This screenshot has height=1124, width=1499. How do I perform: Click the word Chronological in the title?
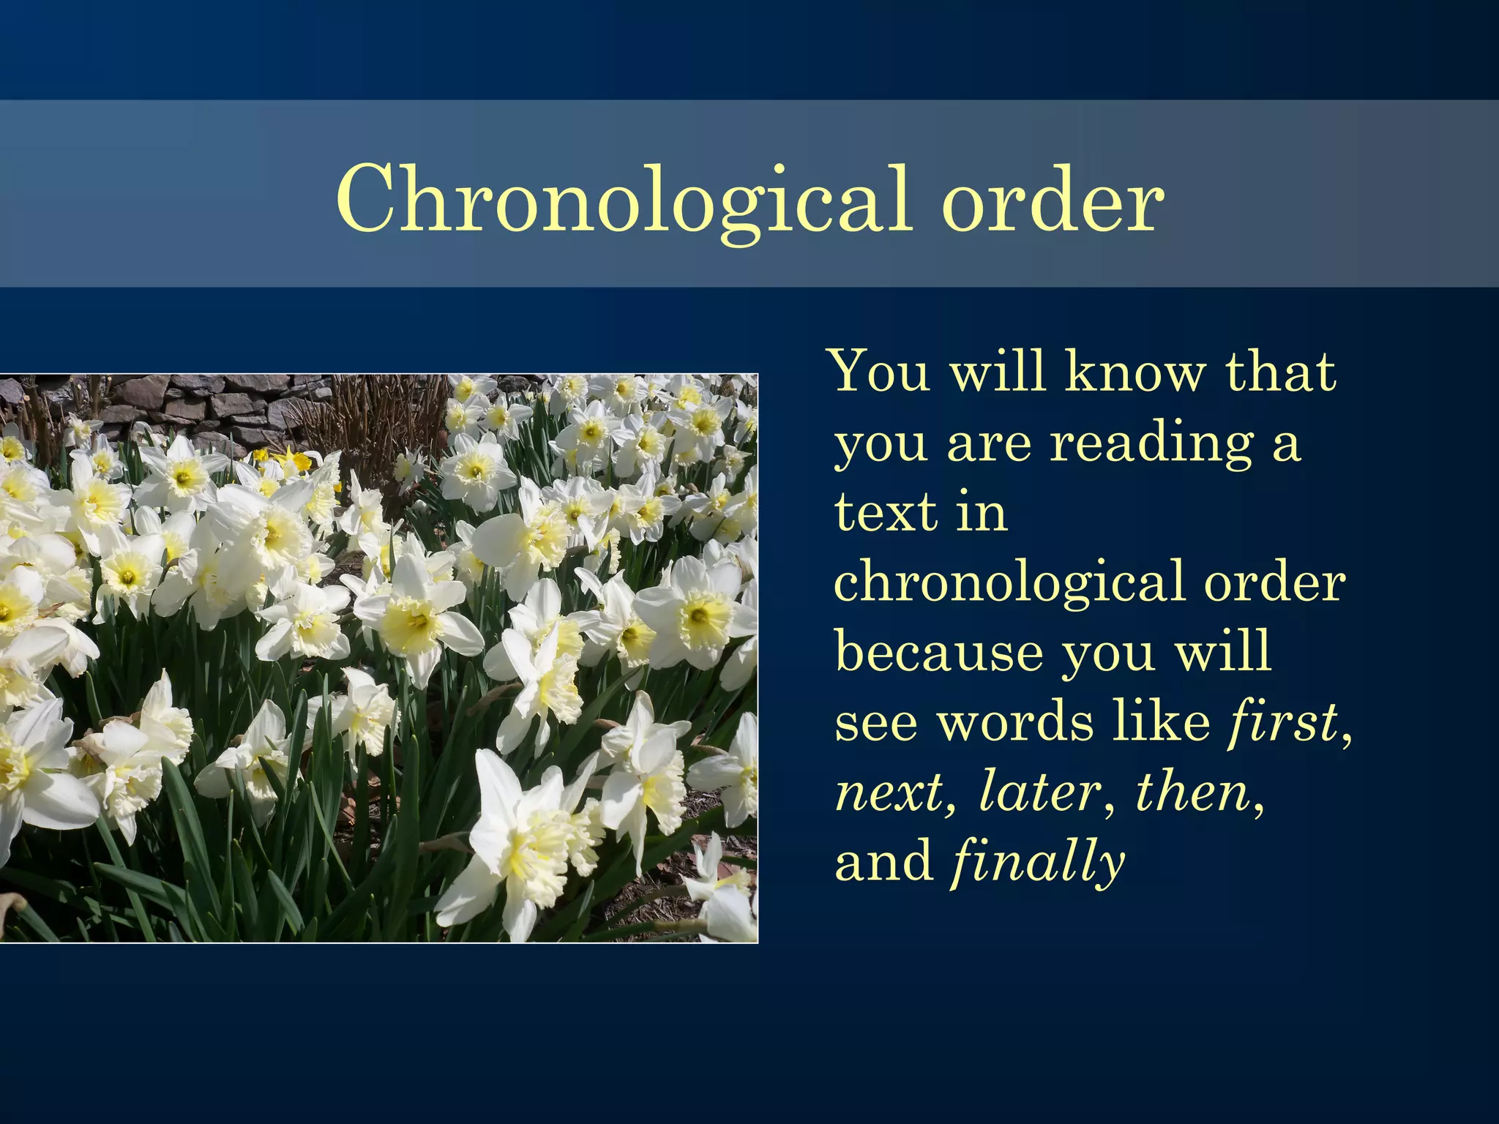622,199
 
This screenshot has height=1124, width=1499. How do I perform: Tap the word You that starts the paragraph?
881,371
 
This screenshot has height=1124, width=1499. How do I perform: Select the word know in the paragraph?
1133,371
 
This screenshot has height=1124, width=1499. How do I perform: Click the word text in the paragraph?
886,512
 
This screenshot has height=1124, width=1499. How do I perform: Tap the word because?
939,651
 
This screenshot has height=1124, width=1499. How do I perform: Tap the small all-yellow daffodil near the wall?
296,462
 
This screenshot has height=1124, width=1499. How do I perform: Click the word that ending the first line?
1281,371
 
